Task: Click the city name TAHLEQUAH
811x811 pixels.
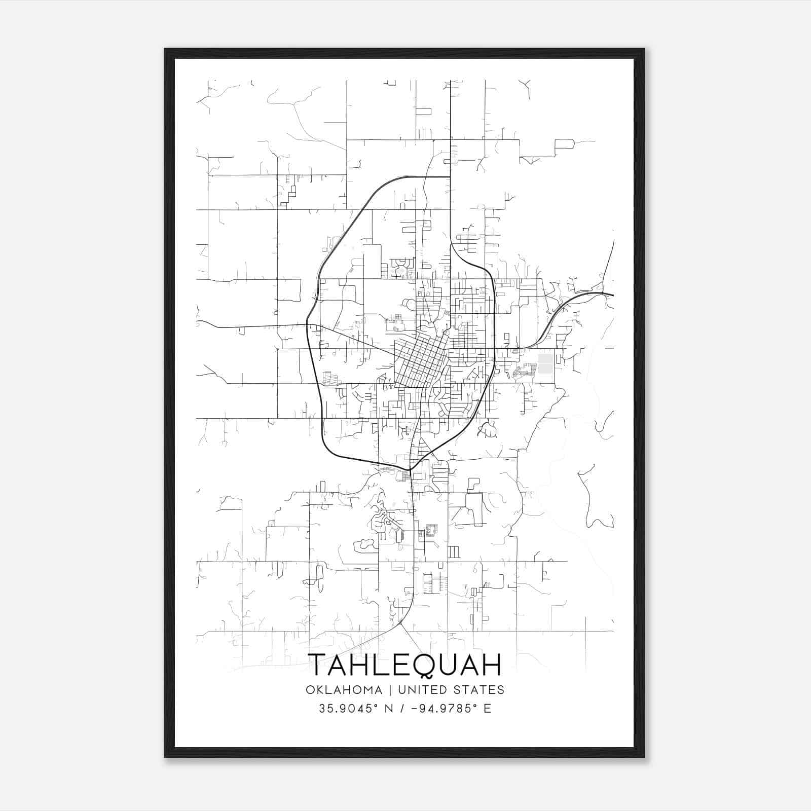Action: click(404, 665)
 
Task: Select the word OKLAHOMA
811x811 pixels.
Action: click(343, 690)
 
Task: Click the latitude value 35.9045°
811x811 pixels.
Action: click(350, 709)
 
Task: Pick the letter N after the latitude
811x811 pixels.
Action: click(389, 709)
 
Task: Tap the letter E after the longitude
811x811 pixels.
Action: click(487, 709)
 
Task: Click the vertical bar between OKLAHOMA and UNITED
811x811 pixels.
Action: click(390, 690)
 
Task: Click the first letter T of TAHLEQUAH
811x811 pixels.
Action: click(318, 665)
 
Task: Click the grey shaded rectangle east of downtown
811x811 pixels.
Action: click(545, 363)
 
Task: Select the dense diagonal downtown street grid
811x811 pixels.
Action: click(420, 364)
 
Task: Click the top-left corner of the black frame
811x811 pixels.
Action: click(165, 49)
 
